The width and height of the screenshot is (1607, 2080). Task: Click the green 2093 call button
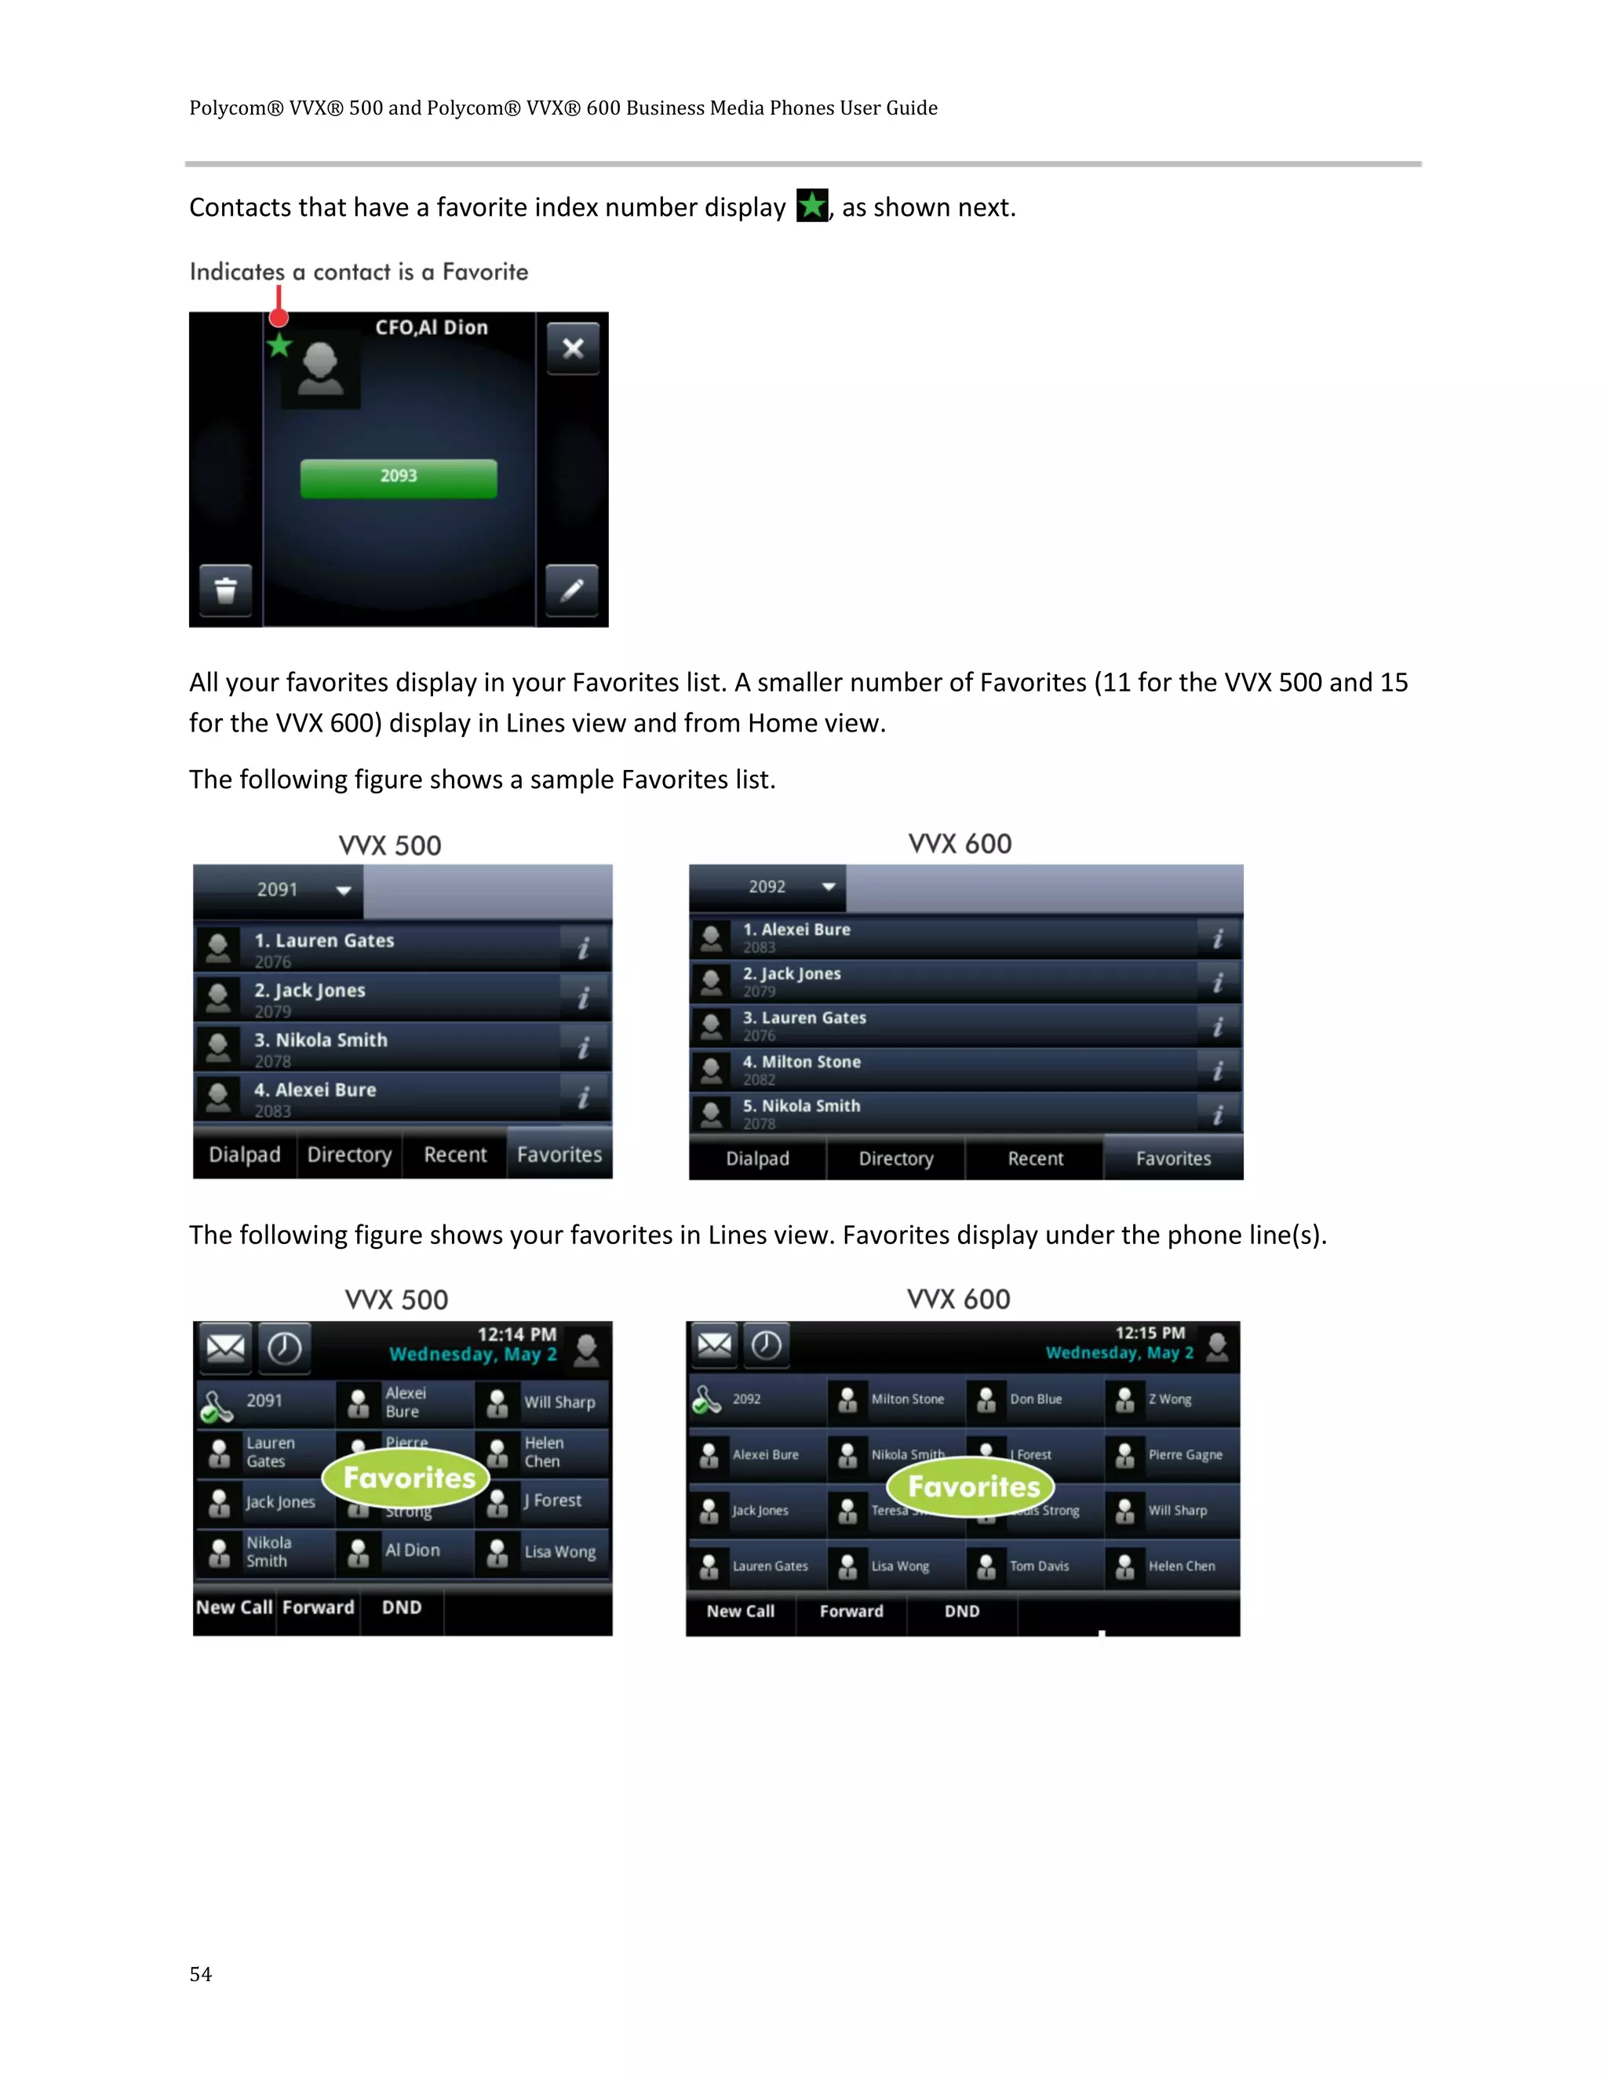click(x=398, y=478)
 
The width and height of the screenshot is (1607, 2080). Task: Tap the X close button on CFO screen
click(x=572, y=348)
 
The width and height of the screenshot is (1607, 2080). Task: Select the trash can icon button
click(x=226, y=590)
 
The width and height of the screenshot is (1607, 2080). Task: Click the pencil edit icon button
click(x=571, y=590)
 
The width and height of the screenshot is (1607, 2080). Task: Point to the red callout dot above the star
click(x=278, y=317)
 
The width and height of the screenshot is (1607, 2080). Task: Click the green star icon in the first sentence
click(x=812, y=206)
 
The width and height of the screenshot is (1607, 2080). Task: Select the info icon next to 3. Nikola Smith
click(x=584, y=1048)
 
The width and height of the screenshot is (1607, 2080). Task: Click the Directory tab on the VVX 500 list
click(x=349, y=1155)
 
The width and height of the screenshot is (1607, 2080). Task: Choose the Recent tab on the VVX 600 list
click(x=1035, y=1158)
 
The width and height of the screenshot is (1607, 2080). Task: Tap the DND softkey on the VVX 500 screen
click(x=402, y=1607)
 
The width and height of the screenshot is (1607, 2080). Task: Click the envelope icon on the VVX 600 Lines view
click(x=714, y=1345)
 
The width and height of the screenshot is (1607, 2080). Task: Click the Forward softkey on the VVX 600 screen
click(x=851, y=1611)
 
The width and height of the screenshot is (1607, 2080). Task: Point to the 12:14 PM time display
click(x=516, y=1334)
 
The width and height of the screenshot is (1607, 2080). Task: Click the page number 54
click(x=201, y=1974)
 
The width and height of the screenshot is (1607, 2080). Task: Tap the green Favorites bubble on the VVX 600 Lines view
click(x=972, y=1487)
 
